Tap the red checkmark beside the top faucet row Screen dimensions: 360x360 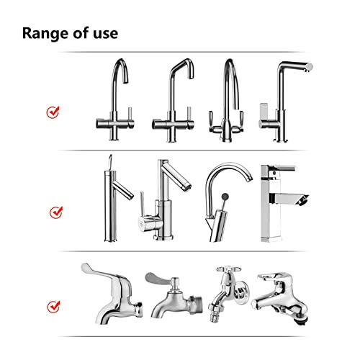click(x=53, y=112)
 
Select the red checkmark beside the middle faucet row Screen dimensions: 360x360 click(x=56, y=212)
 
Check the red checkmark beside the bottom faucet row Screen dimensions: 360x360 click(x=53, y=307)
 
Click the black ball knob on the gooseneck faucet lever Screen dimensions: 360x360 click(x=225, y=197)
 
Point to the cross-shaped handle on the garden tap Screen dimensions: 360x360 click(x=228, y=269)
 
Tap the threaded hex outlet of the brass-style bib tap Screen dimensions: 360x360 click(x=195, y=305)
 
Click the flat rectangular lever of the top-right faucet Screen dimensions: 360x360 click(x=264, y=111)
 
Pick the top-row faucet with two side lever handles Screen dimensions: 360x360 click(x=227, y=100)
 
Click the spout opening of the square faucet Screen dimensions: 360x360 click(x=303, y=200)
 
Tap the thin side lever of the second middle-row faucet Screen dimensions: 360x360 click(x=142, y=204)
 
